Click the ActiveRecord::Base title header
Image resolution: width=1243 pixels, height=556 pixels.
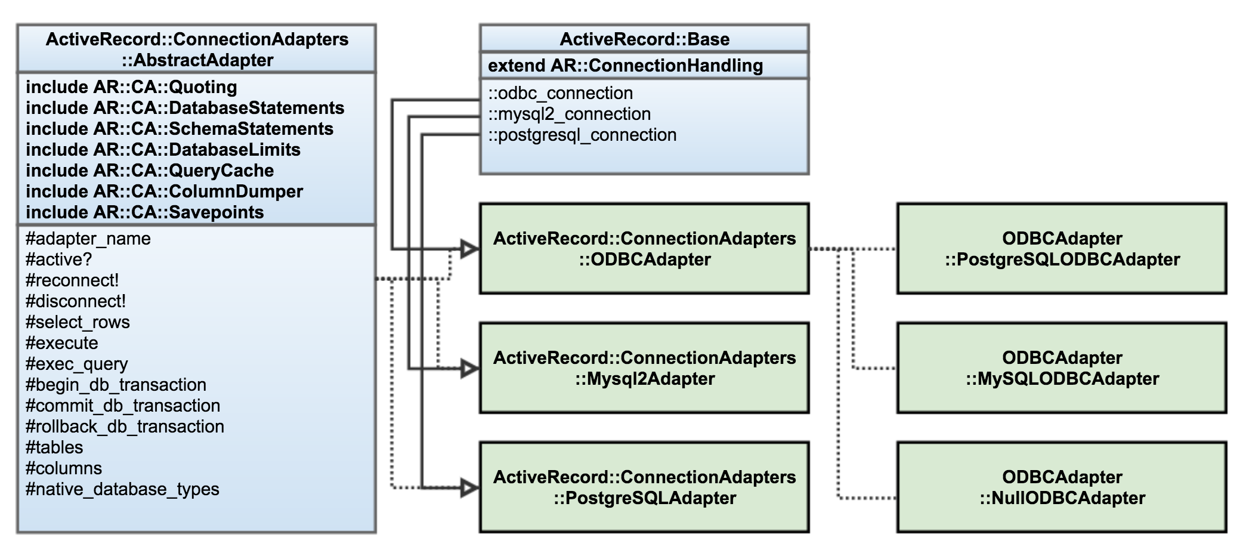click(x=644, y=39)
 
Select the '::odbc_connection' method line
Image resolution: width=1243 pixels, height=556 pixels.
click(x=560, y=93)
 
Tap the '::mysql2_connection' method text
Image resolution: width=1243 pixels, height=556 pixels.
click(x=569, y=114)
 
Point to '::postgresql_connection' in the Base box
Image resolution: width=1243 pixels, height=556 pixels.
click(x=582, y=135)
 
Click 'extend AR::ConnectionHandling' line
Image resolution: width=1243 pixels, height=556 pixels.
click(x=625, y=66)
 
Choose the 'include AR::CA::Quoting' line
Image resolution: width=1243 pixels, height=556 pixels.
click(x=131, y=87)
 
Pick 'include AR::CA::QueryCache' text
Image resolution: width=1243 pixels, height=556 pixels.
click(x=150, y=171)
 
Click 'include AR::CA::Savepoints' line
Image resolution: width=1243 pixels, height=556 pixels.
click(x=144, y=212)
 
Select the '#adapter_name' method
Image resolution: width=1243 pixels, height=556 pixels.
click(x=88, y=239)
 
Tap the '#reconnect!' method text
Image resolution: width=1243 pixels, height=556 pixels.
click(x=72, y=280)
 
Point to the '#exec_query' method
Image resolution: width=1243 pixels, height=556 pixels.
click(x=77, y=364)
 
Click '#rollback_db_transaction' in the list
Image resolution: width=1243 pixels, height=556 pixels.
click(x=125, y=427)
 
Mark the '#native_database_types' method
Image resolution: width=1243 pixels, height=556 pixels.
click(x=122, y=489)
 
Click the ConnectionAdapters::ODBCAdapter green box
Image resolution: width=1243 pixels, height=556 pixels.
click(x=644, y=249)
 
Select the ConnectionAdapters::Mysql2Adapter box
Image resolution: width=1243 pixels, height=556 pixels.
click(x=644, y=368)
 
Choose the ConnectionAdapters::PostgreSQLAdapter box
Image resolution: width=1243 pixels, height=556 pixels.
click(x=644, y=487)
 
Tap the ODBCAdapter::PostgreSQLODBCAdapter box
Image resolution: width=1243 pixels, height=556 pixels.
click(x=1062, y=249)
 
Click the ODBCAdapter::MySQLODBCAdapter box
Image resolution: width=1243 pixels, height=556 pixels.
click(x=1062, y=368)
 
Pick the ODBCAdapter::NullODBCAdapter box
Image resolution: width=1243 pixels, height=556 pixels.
click(x=1062, y=487)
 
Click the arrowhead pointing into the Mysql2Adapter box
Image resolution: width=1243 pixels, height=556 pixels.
click(x=470, y=369)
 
